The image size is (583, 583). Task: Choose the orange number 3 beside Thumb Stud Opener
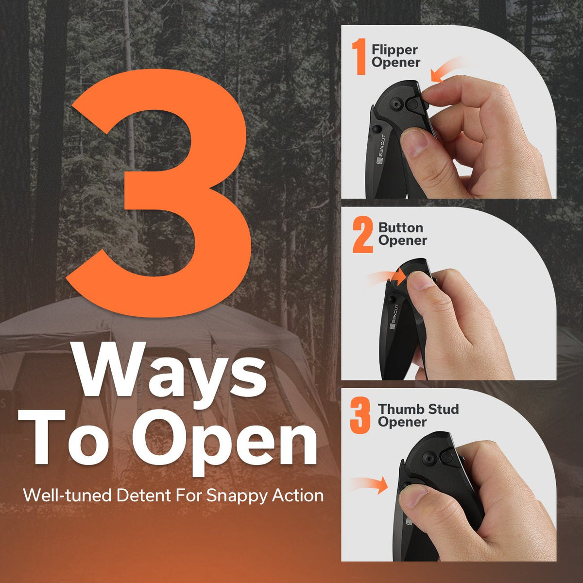coord(360,416)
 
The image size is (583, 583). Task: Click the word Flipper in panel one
coord(394,50)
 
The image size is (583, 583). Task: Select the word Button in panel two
coord(400,228)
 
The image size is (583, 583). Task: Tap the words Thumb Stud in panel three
coord(418,410)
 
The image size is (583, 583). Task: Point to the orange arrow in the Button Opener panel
coord(387,276)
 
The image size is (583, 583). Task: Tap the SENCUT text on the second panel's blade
coord(394,317)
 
